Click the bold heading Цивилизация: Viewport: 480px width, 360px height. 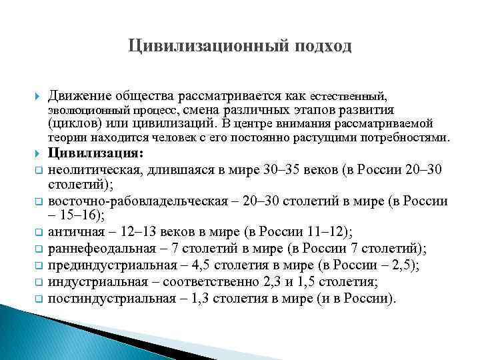96,153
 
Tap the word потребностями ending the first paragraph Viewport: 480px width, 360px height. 411,138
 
